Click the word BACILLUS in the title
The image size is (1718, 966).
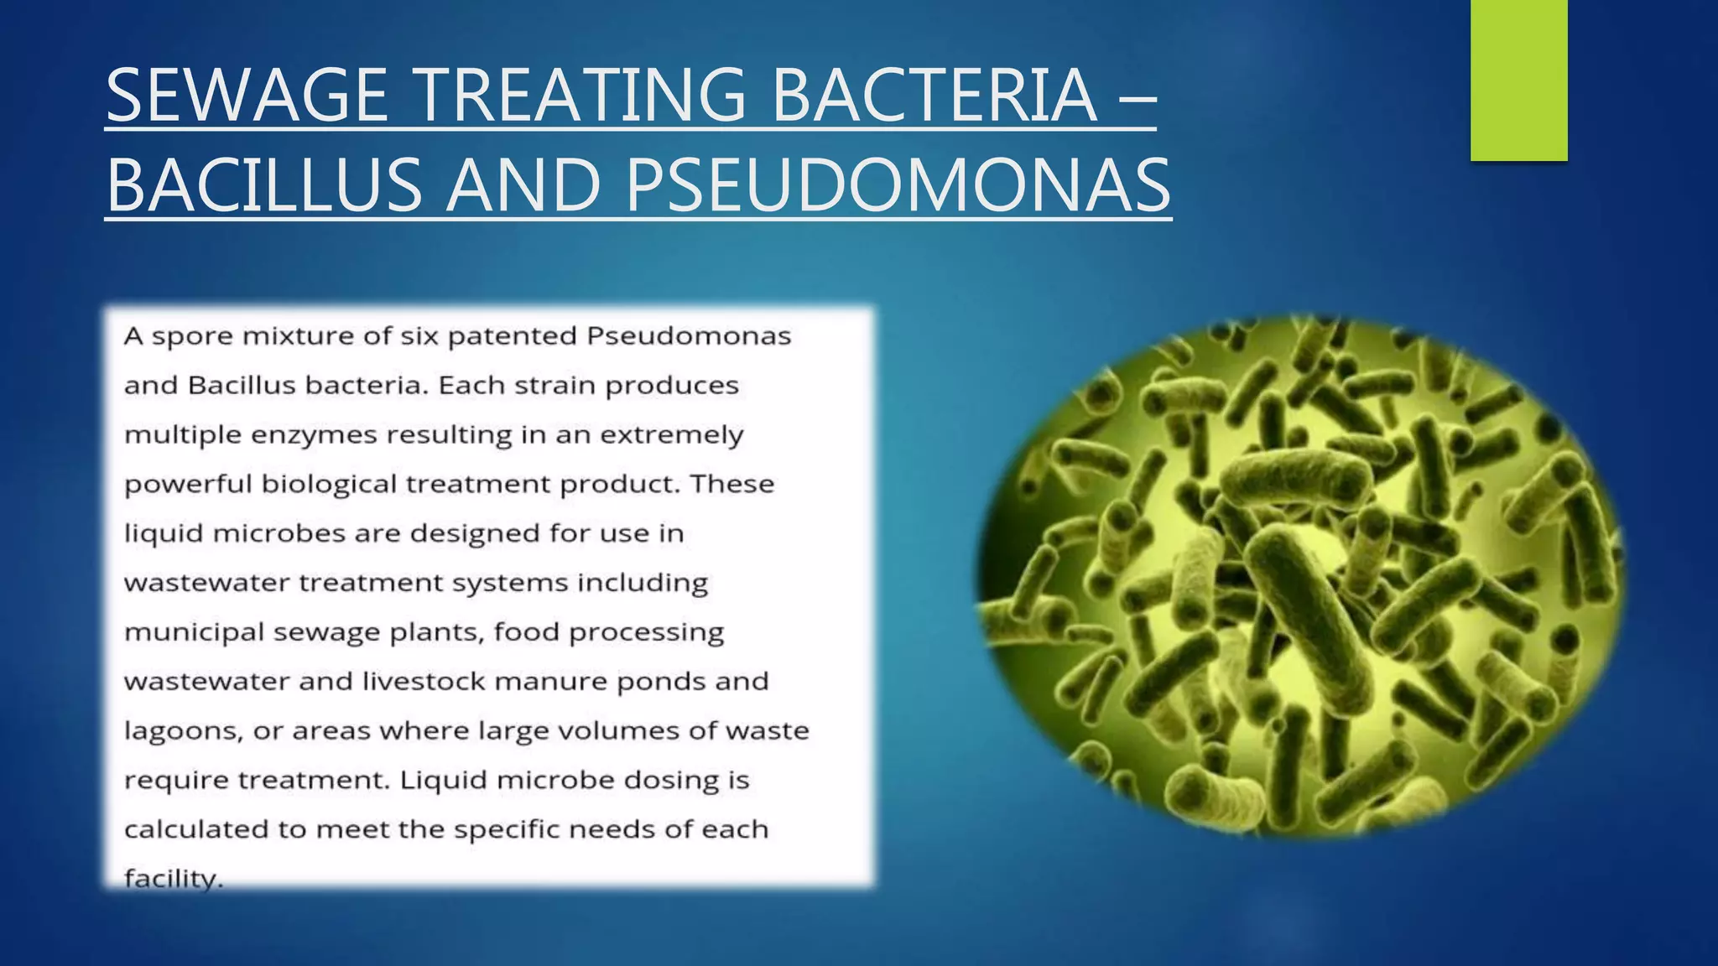point(264,185)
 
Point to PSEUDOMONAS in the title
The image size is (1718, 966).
point(897,185)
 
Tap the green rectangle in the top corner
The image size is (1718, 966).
point(1518,80)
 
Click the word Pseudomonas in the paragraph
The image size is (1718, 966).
point(688,336)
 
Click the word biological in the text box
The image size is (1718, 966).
point(328,485)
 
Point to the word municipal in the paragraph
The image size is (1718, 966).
point(194,632)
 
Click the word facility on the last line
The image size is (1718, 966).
point(172,879)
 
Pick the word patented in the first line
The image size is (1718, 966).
point(512,336)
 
